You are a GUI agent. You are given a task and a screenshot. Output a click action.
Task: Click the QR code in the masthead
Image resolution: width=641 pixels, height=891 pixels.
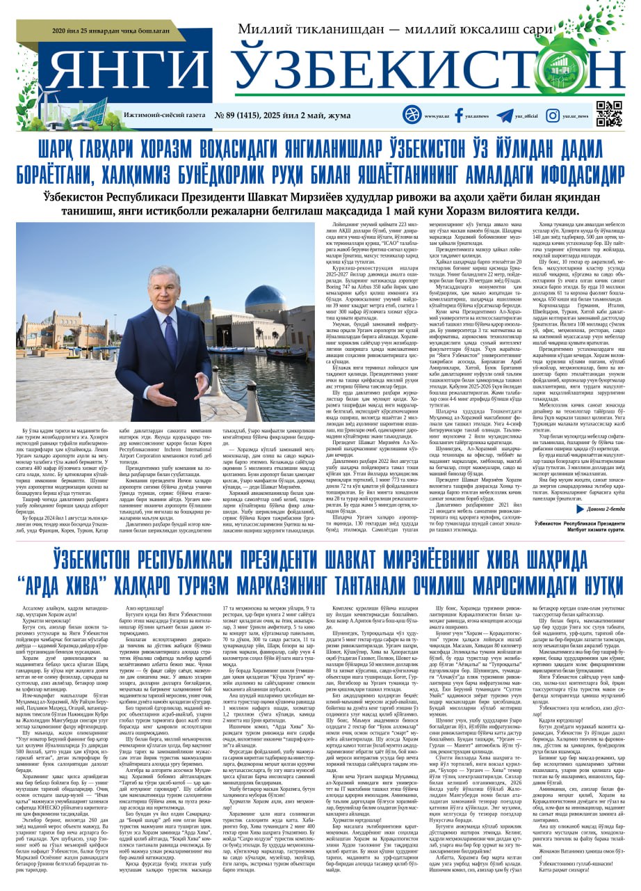click(x=609, y=114)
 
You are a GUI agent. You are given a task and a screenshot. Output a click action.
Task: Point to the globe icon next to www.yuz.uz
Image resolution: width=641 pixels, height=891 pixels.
click(x=412, y=115)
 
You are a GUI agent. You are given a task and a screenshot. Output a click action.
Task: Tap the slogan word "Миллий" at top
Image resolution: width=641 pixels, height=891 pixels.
click(x=267, y=30)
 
